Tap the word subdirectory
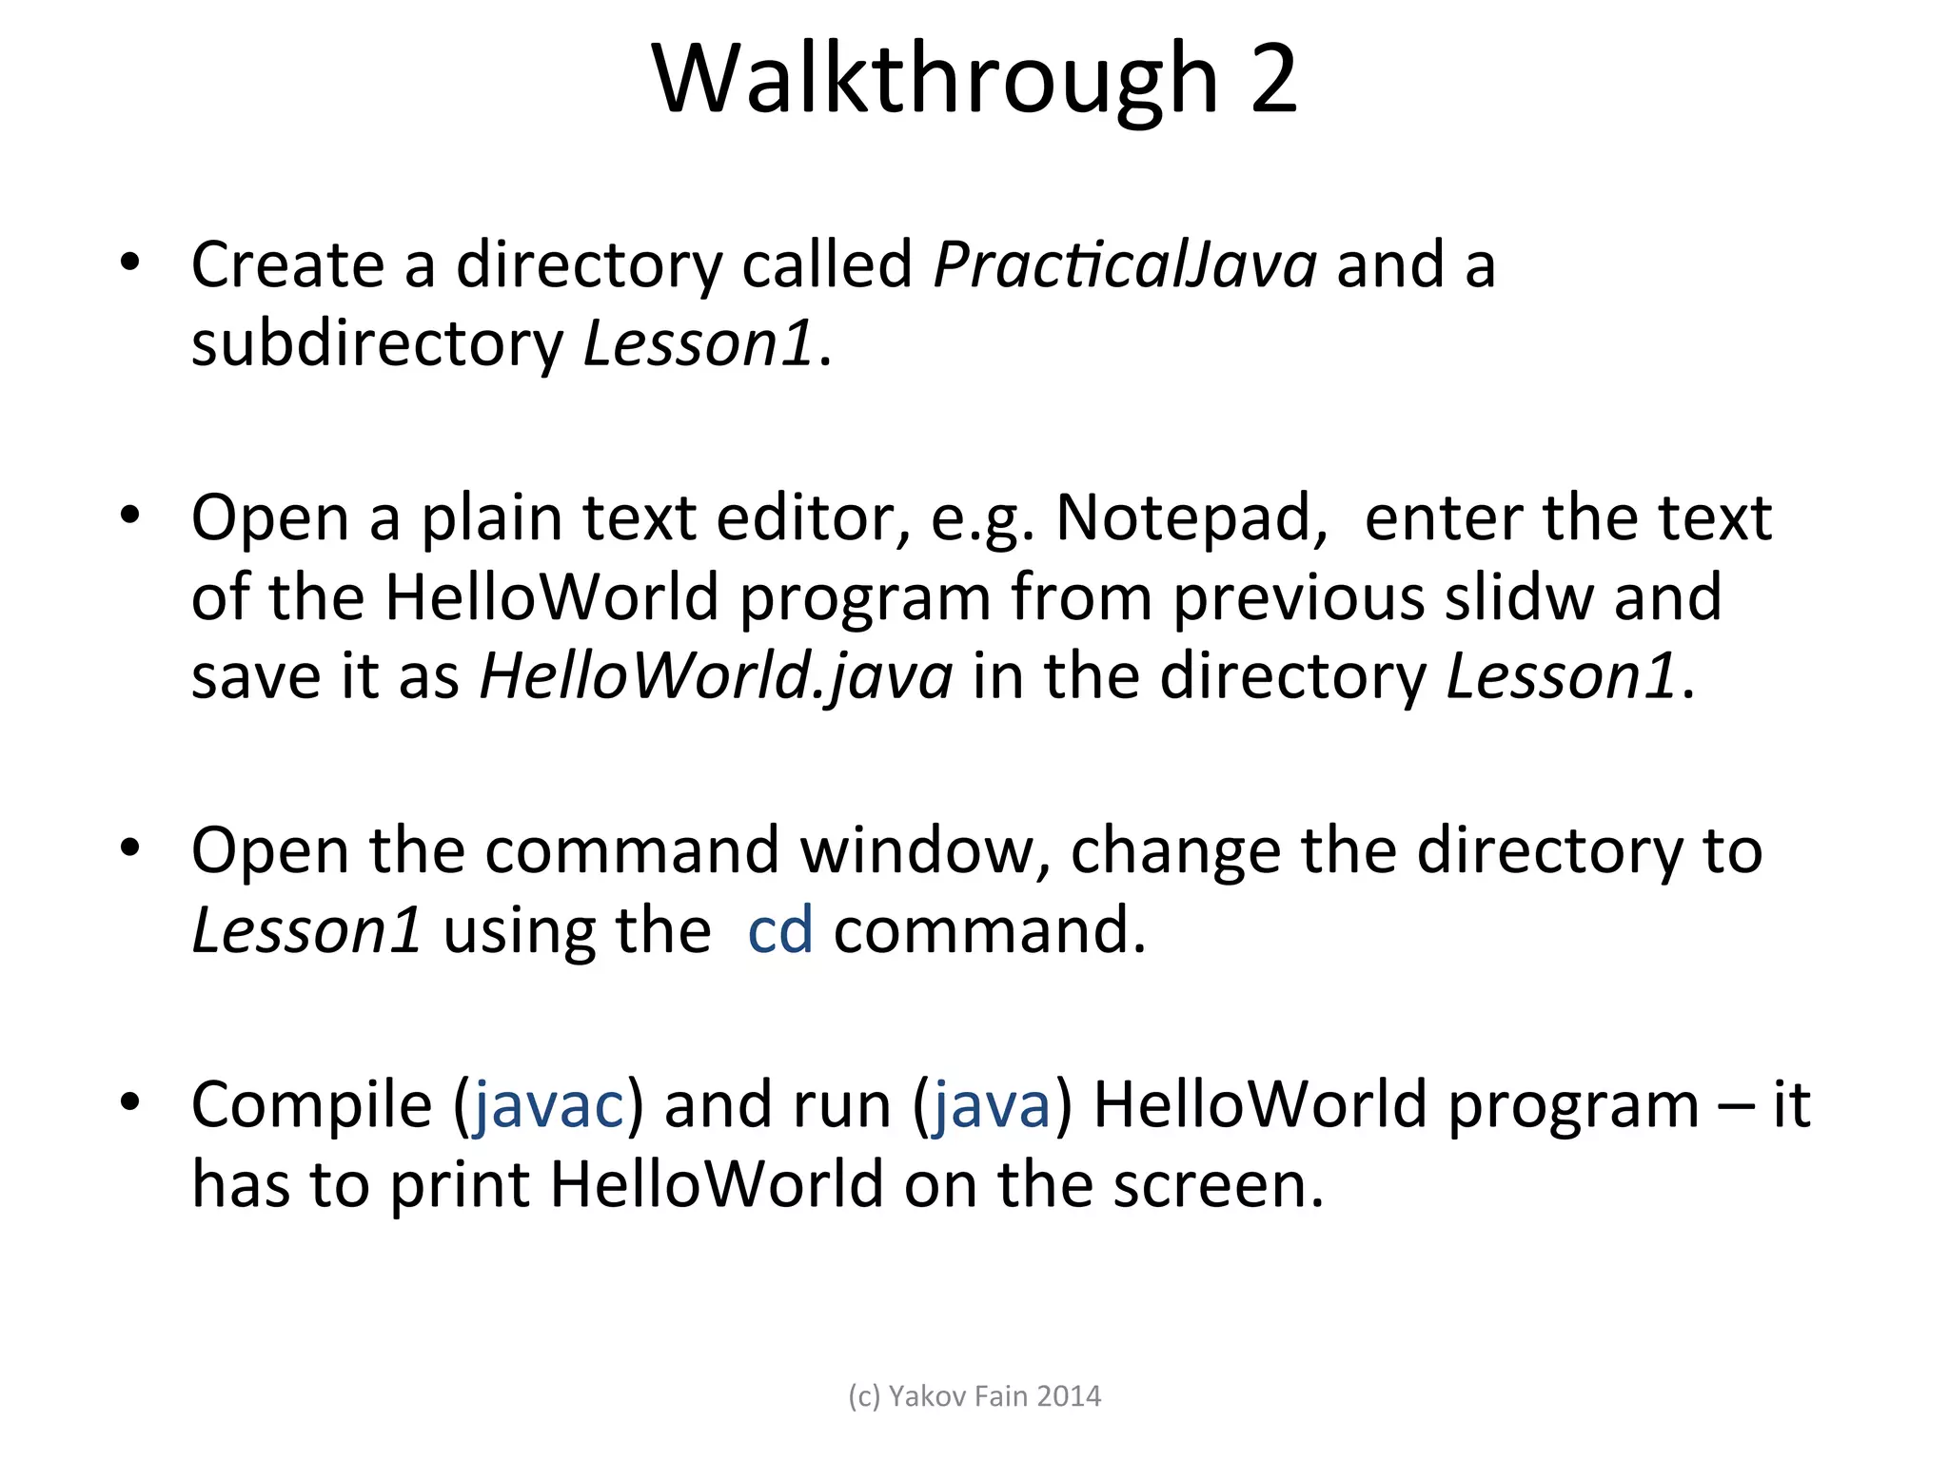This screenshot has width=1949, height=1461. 378,343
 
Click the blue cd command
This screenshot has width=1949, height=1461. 780,930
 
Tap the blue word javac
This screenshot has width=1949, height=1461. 549,1105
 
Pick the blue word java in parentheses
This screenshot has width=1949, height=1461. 992,1105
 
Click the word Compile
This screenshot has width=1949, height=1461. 311,1105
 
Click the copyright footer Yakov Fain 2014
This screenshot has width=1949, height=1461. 974,1396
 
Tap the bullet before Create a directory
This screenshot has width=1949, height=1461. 130,262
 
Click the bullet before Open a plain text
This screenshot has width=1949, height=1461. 130,516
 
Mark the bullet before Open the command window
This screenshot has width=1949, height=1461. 130,847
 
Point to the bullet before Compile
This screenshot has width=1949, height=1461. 130,1102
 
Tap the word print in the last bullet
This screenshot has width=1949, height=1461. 460,1185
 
